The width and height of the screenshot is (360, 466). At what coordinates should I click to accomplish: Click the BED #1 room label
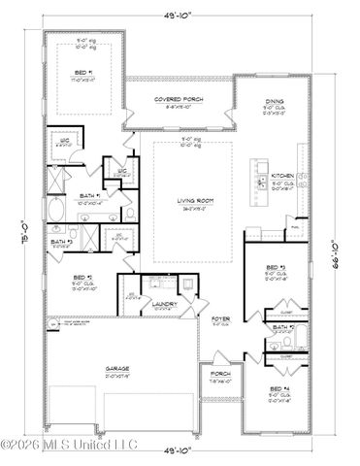tap(82, 73)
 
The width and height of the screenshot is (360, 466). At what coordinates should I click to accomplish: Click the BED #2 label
tap(83, 278)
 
